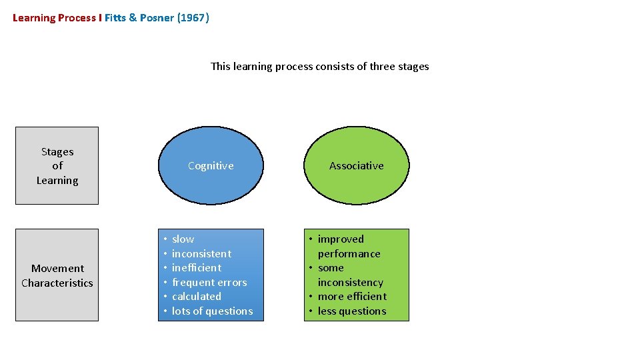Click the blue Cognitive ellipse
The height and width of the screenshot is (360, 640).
211,166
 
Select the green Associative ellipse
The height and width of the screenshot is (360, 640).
357,166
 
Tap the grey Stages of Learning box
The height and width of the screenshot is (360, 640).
57,166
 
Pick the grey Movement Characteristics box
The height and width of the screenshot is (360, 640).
57,275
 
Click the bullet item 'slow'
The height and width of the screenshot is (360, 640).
183,239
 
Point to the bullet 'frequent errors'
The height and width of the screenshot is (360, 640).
209,283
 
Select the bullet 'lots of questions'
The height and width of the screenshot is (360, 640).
212,311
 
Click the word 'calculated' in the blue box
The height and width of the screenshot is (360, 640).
196,297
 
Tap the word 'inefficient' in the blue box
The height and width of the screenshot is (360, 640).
197,268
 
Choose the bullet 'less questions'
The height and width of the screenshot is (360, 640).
351,311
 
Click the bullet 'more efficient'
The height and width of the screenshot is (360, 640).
352,297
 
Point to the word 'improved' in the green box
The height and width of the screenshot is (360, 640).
341,239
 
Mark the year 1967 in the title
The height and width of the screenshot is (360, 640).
193,18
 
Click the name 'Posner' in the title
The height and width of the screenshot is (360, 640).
157,18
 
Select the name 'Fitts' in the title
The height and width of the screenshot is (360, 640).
115,18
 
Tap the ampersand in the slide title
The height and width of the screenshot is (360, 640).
133,18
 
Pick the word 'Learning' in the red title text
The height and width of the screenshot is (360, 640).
33,18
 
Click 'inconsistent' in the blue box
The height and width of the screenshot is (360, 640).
201,254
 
